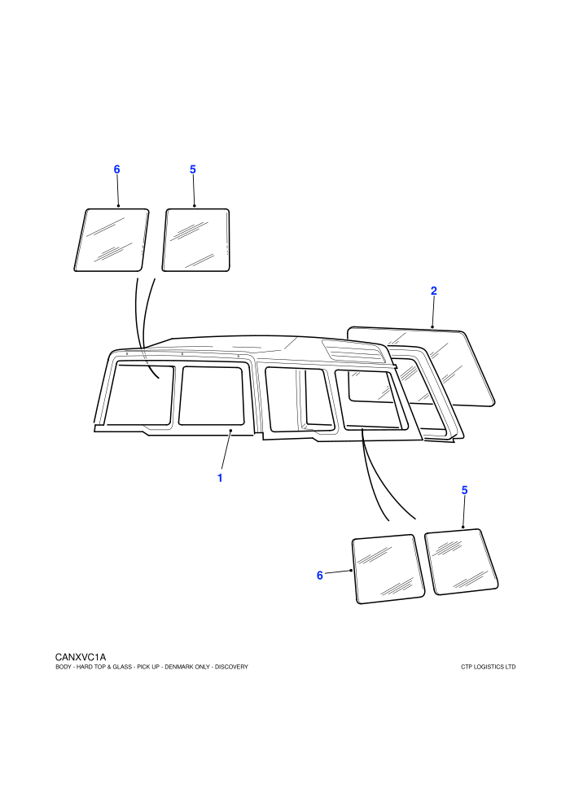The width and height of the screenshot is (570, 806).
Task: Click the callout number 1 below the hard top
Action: point(220,478)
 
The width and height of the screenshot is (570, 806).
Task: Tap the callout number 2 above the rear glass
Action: point(434,291)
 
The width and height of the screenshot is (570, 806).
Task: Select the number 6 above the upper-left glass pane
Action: point(116,169)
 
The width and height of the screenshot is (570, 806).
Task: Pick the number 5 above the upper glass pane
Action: point(193,169)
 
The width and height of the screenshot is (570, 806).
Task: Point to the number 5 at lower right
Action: point(465,490)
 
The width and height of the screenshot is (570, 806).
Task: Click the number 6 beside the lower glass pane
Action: point(320,576)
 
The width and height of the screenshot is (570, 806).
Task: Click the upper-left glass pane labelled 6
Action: point(112,240)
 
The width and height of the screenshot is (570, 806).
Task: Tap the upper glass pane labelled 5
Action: point(195,240)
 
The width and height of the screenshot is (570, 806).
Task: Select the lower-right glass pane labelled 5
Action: point(462,562)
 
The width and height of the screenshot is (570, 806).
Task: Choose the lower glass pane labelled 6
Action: point(388,570)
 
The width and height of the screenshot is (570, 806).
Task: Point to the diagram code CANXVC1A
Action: point(81,658)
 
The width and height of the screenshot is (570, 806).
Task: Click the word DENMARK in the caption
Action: point(178,668)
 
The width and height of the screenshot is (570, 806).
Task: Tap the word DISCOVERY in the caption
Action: point(231,668)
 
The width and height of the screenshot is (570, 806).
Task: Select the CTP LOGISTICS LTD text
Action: point(489,668)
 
